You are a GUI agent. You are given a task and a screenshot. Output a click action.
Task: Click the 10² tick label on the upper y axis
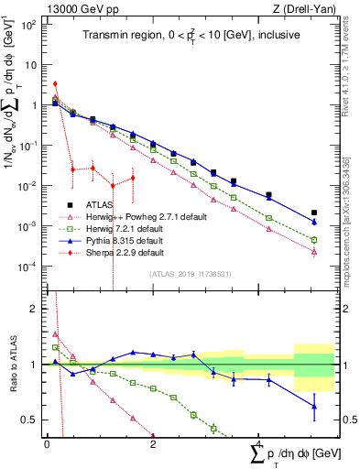point(30,25)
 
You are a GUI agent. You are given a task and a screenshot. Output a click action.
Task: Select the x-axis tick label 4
point(259,442)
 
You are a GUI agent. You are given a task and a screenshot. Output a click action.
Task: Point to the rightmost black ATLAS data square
point(314,213)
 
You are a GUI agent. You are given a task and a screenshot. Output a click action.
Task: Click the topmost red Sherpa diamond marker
point(56,84)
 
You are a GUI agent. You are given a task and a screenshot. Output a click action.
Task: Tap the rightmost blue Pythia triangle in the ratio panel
point(314,407)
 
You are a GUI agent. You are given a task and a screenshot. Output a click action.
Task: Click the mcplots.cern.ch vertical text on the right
point(351,229)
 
